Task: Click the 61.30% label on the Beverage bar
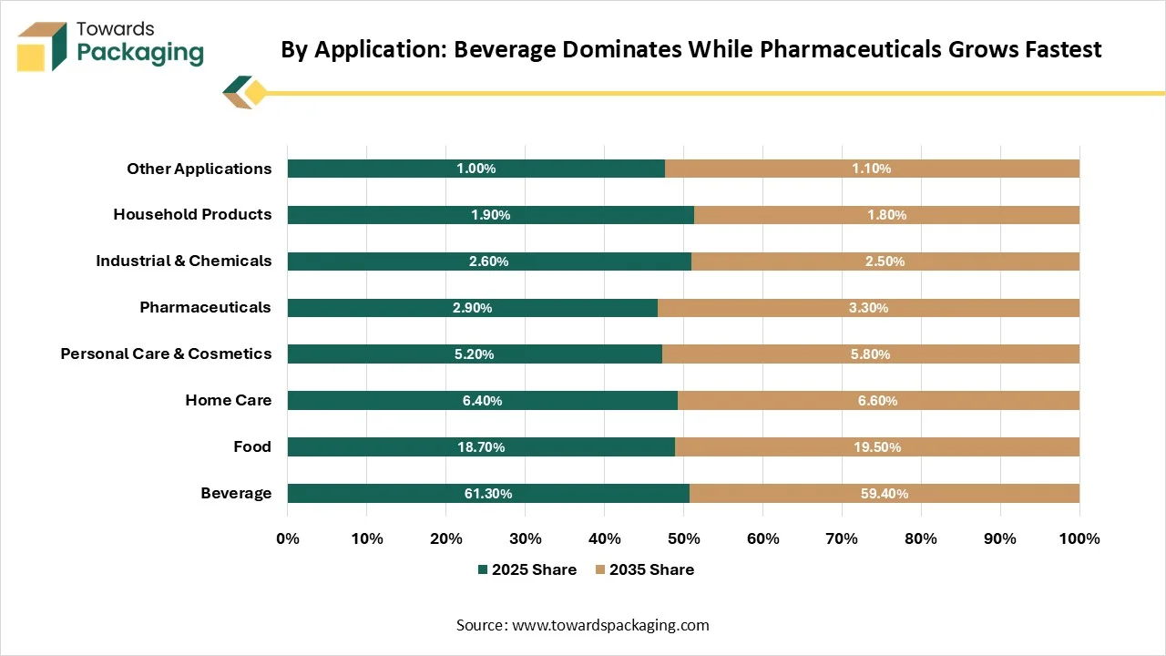click(x=487, y=494)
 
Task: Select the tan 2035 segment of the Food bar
click(x=877, y=446)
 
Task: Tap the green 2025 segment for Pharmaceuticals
click(x=473, y=308)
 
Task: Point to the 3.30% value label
click(x=868, y=308)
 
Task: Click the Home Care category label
click(x=229, y=400)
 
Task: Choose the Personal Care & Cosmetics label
click(x=166, y=354)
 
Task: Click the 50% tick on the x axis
click(x=683, y=538)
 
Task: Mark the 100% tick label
click(x=1079, y=538)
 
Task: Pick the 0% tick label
click(x=288, y=538)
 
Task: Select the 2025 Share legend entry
click(x=527, y=569)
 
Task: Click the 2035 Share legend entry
click(x=645, y=569)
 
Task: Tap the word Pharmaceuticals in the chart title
click(x=851, y=49)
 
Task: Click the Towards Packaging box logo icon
click(x=42, y=46)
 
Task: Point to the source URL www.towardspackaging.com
click(x=610, y=625)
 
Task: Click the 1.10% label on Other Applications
click(x=872, y=169)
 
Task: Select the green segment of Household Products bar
click(x=491, y=214)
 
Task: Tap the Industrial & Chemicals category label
click(x=184, y=261)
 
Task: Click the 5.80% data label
click(x=870, y=354)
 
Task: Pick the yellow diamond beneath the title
click(x=255, y=93)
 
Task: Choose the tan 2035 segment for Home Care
click(x=879, y=400)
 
